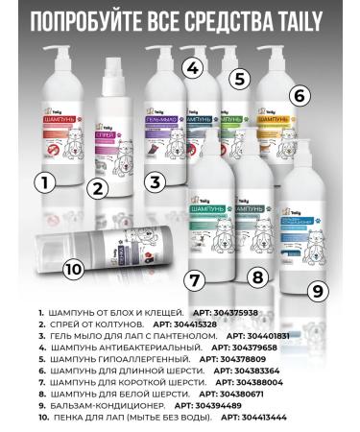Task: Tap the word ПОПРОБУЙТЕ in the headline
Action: click(x=99, y=20)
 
